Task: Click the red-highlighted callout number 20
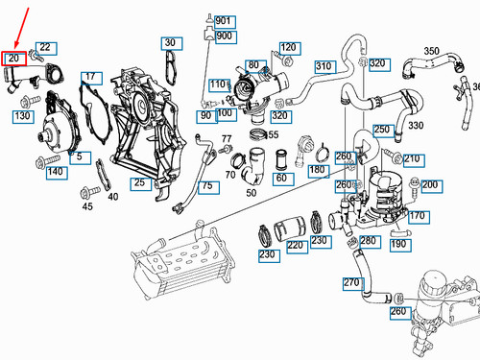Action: (13, 59)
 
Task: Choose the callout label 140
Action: (55, 172)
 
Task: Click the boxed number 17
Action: (89, 76)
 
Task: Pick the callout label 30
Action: (169, 43)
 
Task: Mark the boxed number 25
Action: (139, 182)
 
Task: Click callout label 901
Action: (224, 21)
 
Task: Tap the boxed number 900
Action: (224, 36)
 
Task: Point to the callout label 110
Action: (217, 84)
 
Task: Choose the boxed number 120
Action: (289, 47)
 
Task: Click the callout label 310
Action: (323, 66)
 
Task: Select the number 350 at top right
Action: (432, 51)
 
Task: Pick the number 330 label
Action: (416, 126)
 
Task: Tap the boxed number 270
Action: (350, 282)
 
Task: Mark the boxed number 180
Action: (317, 170)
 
